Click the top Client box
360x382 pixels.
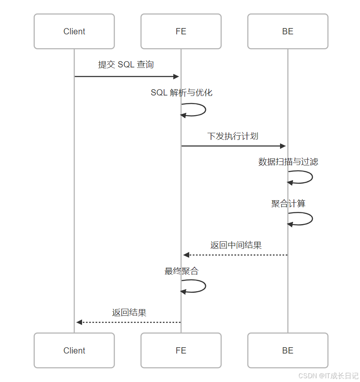(74, 31)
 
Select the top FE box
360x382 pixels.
(181, 31)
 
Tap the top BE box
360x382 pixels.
(288, 31)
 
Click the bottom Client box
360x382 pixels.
(74, 351)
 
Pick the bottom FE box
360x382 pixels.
(181, 351)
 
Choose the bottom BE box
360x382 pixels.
(288, 351)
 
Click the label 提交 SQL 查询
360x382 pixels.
(126, 65)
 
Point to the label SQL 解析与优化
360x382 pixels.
(181, 93)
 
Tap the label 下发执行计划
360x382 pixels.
(233, 136)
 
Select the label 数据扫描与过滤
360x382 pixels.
(288, 162)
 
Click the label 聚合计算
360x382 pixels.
(288, 204)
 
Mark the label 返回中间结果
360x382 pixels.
(236, 245)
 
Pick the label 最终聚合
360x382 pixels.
(181, 271)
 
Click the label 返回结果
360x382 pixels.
(129, 312)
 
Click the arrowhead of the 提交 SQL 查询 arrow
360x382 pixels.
(176, 77)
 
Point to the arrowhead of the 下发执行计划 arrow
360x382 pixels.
(283, 146)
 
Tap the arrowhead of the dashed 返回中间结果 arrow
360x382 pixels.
(186, 255)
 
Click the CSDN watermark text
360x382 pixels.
(328, 376)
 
